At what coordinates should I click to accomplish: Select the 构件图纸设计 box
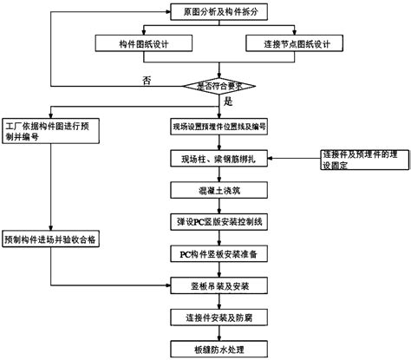pos(143,43)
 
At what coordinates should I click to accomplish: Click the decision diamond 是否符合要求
pos(219,85)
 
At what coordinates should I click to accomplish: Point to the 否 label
pos(147,81)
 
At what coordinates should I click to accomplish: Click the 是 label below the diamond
pos(229,101)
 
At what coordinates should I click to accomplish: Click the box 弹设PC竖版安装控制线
pos(219,220)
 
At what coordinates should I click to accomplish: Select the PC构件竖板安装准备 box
pos(219,252)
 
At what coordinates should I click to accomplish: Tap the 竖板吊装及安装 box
pos(219,285)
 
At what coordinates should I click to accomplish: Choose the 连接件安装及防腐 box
pos(219,316)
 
